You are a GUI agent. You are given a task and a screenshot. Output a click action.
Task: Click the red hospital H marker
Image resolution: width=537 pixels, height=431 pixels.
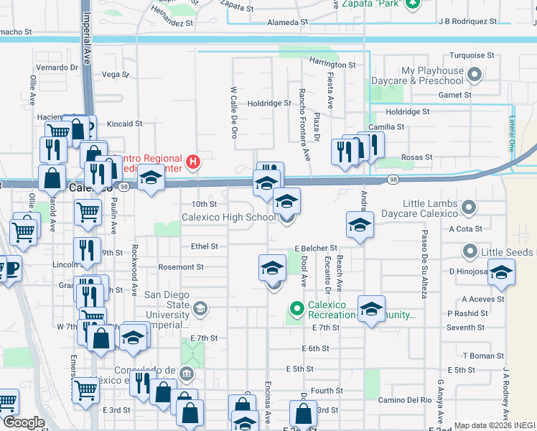click(x=192, y=163)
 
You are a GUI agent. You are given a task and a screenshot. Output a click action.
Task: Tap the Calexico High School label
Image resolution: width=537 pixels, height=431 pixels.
click(x=228, y=217)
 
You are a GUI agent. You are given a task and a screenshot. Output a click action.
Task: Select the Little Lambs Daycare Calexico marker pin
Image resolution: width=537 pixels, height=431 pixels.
click(x=470, y=208)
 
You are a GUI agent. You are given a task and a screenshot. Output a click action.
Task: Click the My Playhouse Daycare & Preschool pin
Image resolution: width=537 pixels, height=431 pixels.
click(x=475, y=75)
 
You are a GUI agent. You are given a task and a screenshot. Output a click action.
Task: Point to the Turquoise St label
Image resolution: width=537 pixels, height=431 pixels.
click(x=472, y=55)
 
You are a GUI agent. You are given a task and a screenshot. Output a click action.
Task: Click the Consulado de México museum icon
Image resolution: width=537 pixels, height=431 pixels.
click(x=186, y=373)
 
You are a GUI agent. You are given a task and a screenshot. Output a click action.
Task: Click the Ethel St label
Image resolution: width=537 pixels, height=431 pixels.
click(x=205, y=246)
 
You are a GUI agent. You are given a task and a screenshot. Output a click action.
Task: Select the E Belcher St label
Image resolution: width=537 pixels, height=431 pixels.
click(x=315, y=248)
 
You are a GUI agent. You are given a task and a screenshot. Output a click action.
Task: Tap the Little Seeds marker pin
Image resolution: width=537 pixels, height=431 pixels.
click(x=470, y=251)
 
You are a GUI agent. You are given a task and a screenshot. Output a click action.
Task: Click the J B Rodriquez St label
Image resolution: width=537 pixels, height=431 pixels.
click(x=468, y=21)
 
